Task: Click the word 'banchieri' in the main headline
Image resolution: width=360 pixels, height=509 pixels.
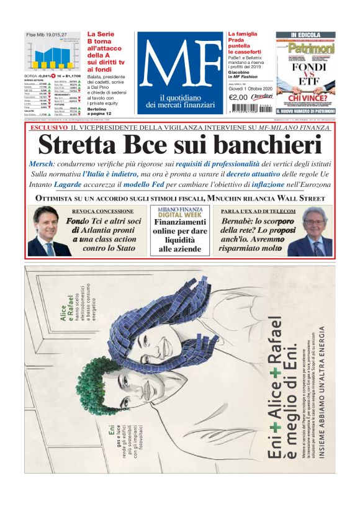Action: (272, 144)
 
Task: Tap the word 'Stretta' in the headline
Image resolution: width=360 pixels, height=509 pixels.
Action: (77, 144)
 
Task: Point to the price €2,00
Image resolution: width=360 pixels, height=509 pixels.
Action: (239, 97)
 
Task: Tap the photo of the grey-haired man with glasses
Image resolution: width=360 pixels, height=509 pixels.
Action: (310, 232)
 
